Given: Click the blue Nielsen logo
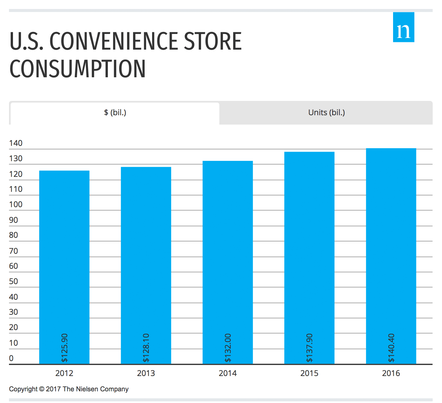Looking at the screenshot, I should point(403,27).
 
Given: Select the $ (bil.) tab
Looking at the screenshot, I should point(115,113).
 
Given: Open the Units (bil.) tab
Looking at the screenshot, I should point(326,113).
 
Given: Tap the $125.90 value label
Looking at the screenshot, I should point(65,348).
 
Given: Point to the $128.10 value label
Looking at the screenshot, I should point(146,348).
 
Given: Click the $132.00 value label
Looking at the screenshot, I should point(228,348).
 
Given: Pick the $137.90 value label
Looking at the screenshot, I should point(310,348).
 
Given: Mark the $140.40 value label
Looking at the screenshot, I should point(391,348).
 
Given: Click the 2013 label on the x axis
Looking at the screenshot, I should point(146,373).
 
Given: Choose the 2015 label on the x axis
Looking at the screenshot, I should point(309,373).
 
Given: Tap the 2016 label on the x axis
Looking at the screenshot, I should point(391,373).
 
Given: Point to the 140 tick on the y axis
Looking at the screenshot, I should point(16,143).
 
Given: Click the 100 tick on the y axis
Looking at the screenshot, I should point(16,204).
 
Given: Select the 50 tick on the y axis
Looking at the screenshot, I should point(14,281).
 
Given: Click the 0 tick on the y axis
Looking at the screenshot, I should point(11,358).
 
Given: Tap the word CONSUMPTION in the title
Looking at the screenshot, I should point(78,69).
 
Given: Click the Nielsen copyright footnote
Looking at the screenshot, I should point(69,389).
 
